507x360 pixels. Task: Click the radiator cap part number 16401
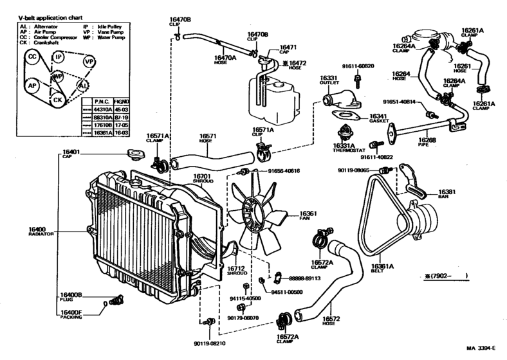point(71,152)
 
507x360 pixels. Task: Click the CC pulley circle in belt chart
point(32,58)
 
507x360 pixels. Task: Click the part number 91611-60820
point(358,66)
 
